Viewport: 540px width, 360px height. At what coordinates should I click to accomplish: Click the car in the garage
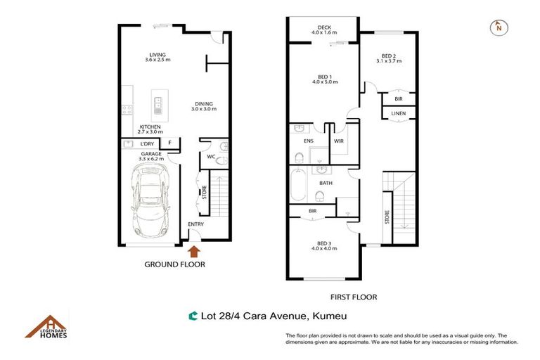[150, 202]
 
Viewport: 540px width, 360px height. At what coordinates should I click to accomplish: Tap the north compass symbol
[498, 27]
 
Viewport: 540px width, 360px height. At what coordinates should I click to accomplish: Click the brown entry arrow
[195, 250]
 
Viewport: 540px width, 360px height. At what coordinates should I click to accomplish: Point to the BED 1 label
[324, 79]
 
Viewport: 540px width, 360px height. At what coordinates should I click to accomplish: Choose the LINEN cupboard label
[398, 113]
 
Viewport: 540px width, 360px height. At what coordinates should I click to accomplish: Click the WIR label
[337, 141]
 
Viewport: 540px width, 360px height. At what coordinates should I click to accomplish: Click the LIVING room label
[157, 56]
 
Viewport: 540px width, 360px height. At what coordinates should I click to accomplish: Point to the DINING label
[204, 106]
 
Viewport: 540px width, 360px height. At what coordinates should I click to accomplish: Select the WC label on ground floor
[210, 156]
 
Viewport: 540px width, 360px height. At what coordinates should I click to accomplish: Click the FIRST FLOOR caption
[353, 297]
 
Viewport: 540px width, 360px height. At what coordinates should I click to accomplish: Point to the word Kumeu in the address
[330, 317]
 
